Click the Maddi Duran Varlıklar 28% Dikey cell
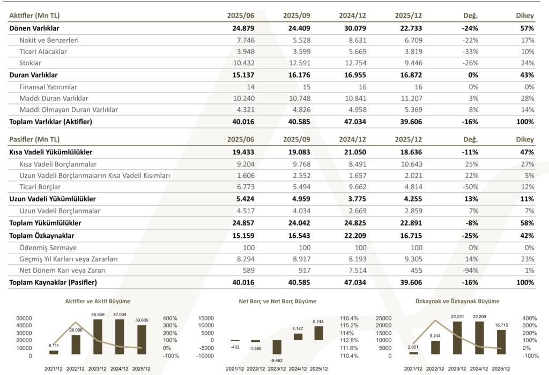pos(527,99)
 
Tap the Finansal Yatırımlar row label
pos(48,87)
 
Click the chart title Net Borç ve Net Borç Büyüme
pos(277,302)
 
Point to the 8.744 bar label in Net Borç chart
pos(317,321)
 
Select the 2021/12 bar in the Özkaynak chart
pos(413,353)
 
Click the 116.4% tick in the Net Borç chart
pos(349,318)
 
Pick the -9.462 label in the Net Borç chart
pos(276,360)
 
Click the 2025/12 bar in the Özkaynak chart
pos(501,342)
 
